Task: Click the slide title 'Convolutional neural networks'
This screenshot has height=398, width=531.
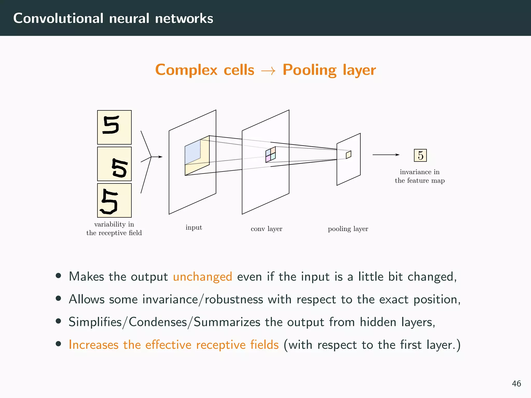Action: [x=113, y=18]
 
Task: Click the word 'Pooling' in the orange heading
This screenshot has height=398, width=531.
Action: [x=309, y=70]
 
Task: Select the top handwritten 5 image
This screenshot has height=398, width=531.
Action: [x=114, y=127]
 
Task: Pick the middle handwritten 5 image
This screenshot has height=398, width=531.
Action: [x=114, y=164]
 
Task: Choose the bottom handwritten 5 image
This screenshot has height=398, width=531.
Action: [x=114, y=200]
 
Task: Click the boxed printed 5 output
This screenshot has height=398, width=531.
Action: [x=420, y=155]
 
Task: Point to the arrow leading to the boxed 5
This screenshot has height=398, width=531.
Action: [x=386, y=155]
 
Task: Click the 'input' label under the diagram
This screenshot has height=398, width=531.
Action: [x=194, y=228]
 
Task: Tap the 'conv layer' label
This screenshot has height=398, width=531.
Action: [x=266, y=229]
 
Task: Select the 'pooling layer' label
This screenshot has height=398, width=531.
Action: [x=348, y=229]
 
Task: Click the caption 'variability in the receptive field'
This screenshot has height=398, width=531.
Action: [x=114, y=228]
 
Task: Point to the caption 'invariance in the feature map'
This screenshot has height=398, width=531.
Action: [x=420, y=176]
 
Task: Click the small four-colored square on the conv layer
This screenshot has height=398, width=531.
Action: [x=270, y=155]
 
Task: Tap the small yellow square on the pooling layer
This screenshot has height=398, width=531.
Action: [x=348, y=155]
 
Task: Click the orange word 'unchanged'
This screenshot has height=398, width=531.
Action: [x=202, y=276]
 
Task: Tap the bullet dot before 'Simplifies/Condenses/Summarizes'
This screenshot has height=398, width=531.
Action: [x=58, y=321]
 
